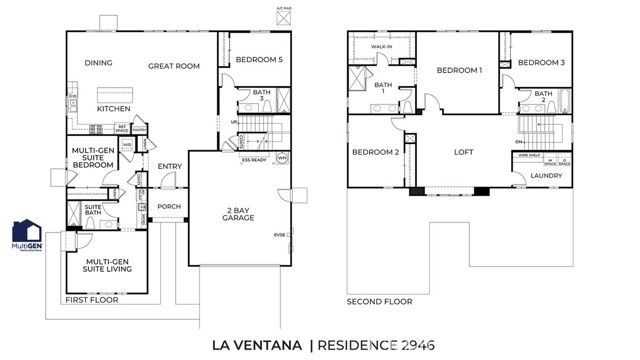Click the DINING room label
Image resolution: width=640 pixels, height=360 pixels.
[98, 63]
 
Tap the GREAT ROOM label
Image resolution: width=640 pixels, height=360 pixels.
[174, 66]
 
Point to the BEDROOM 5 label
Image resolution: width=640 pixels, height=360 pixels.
[259, 60]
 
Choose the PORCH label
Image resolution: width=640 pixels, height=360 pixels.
[168, 207]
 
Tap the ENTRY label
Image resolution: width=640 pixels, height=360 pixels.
[170, 167]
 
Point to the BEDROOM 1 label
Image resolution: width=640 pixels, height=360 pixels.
[459, 71]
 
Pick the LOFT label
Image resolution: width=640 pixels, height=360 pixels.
[462, 152]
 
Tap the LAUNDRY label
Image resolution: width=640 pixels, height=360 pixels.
[546, 176]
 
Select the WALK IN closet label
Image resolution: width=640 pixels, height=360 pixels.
[381, 46]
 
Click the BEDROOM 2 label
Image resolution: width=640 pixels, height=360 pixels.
[376, 152]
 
